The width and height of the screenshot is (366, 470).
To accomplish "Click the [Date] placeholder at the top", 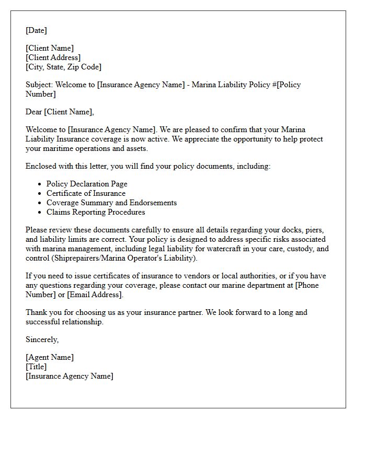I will tap(36, 30).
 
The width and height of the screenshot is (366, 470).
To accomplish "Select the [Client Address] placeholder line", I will tap(53, 57).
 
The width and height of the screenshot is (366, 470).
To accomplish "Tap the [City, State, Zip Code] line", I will tap(63, 67).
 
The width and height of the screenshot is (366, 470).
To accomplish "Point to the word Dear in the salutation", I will tap(34, 112).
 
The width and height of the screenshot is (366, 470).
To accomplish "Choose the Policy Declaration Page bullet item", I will tap(87, 184).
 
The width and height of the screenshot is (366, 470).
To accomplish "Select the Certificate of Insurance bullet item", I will tap(86, 193).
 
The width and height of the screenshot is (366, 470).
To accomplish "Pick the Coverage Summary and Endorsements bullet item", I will tap(111, 203).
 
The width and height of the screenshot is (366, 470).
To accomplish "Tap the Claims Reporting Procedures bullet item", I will tap(96, 212).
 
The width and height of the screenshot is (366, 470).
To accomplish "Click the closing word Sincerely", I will tap(42, 339).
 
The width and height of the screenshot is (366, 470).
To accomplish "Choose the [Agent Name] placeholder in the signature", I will tap(50, 357).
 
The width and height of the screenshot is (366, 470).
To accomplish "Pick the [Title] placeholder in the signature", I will tap(36, 367).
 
